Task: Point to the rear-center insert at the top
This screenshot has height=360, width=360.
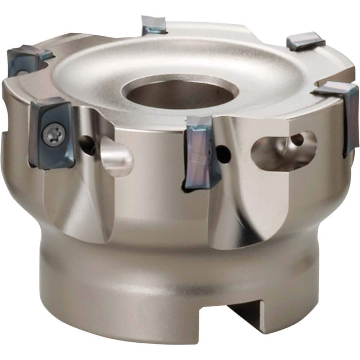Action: (153, 25)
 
